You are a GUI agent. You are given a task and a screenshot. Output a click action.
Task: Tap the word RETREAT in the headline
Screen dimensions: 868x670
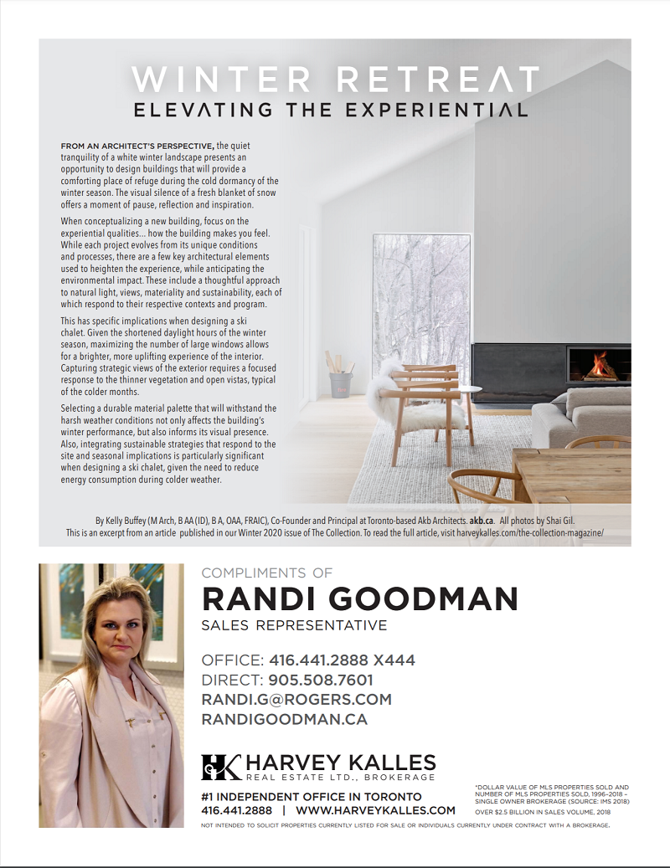436,80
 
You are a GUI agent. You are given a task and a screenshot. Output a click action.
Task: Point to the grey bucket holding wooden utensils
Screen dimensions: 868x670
340,383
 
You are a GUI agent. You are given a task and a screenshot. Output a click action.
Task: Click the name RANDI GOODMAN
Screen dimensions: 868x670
360,599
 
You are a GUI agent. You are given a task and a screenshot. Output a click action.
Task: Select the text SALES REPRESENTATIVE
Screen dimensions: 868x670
294,626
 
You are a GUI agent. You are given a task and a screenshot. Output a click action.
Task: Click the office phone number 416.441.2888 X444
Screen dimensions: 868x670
342,660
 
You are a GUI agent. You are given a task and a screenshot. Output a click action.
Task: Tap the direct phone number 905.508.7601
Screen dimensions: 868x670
321,680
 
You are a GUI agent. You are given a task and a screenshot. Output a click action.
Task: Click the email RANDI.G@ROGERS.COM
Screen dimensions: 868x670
296,700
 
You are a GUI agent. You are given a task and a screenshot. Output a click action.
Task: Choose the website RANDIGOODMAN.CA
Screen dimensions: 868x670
285,719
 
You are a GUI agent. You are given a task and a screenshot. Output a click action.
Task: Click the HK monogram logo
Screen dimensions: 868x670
221,766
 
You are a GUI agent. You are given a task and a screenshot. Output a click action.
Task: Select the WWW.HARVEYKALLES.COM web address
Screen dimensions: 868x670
376,810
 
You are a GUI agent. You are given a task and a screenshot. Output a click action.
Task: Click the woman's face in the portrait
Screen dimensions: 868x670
116,624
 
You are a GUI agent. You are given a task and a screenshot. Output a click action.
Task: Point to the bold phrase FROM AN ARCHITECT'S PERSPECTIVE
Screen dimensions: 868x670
138,146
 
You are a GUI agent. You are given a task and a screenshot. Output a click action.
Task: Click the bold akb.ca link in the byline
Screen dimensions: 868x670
481,520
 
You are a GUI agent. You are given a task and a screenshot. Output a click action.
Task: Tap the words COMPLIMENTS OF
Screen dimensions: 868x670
267,573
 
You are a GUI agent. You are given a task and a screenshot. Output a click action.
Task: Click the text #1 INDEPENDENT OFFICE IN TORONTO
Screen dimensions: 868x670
312,797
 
